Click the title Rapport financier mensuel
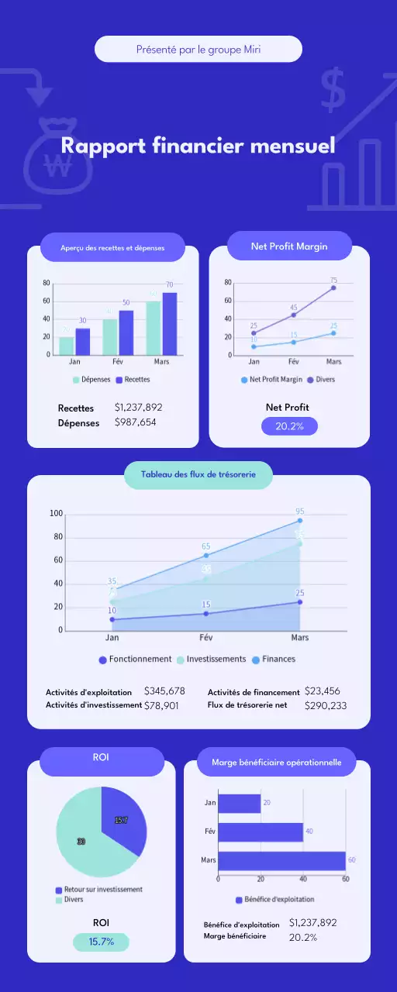click(198, 146)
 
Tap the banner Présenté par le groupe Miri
click(198, 49)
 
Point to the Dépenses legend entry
click(91, 380)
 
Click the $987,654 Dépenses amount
click(135, 422)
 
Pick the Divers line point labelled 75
click(333, 288)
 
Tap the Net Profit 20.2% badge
click(289, 426)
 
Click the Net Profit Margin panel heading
click(289, 246)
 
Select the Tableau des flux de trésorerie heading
click(198, 474)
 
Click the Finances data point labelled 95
click(299, 520)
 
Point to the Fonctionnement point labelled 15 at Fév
click(205, 613)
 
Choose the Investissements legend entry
click(211, 660)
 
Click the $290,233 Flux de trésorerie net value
click(326, 705)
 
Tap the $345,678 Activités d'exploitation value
click(164, 691)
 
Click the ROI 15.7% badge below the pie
click(101, 942)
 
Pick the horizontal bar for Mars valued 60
click(281, 861)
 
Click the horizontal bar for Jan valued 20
click(239, 803)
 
